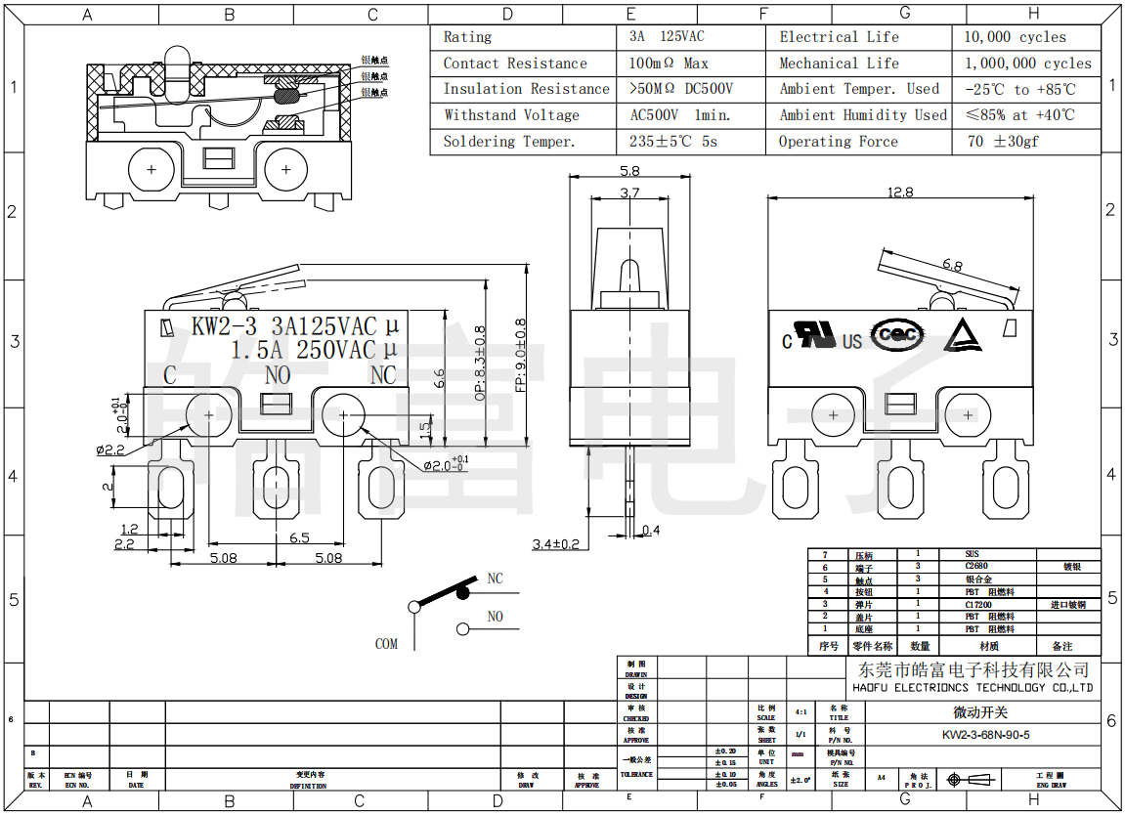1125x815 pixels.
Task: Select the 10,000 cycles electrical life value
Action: coord(1016,37)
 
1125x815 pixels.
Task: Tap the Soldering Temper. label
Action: coord(508,142)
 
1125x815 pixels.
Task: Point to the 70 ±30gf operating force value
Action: coord(1002,142)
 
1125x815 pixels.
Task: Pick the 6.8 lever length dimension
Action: coord(953,265)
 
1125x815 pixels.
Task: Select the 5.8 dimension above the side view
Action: coord(629,171)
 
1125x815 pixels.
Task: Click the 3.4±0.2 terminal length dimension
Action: coord(555,543)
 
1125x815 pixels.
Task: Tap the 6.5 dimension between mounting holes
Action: coord(299,537)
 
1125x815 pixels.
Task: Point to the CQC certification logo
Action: coord(897,334)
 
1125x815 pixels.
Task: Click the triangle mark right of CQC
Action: coord(962,335)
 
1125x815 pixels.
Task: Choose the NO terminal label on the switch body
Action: coord(278,375)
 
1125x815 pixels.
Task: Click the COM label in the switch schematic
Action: coord(386,644)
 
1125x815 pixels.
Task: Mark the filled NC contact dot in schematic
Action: coord(463,592)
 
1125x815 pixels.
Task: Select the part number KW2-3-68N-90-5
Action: coord(985,735)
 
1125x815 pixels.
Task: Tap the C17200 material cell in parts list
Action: coord(978,605)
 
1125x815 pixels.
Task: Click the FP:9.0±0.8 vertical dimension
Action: coord(520,352)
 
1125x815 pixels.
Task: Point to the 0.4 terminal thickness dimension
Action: coord(651,531)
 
